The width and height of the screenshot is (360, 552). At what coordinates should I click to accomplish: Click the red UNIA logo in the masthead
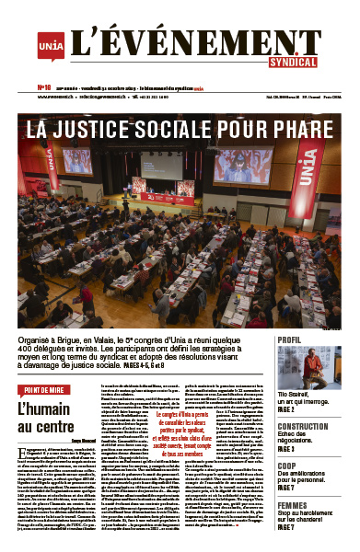pos(51,43)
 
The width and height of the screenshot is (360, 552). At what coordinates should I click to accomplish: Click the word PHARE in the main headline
pos(302,128)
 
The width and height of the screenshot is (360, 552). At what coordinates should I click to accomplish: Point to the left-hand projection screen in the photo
pos(77,161)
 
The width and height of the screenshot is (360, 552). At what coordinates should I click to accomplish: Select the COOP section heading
pos(289,466)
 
